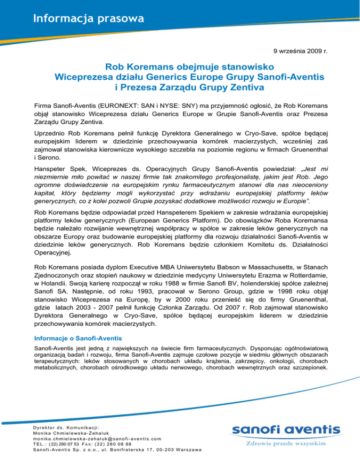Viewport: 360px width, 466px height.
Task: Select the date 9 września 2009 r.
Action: pos(305,50)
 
